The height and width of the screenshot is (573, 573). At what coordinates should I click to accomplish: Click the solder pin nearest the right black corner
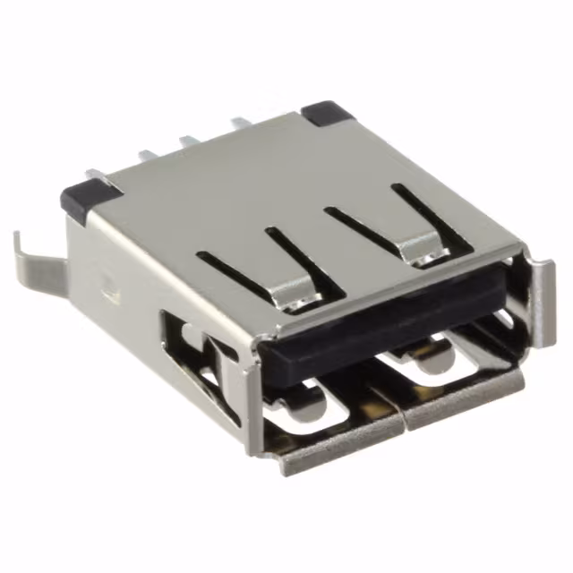[240, 122]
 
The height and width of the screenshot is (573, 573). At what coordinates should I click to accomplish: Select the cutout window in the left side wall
[192, 354]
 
